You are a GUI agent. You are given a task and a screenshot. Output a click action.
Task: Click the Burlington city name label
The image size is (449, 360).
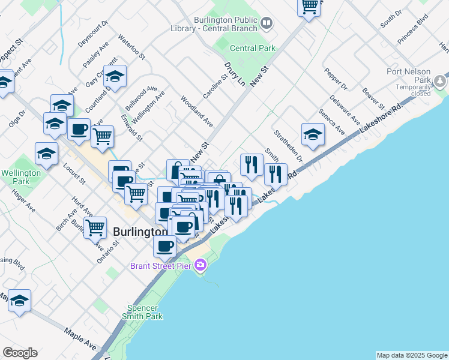(140, 232)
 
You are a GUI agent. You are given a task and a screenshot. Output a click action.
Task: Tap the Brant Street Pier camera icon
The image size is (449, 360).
(200, 265)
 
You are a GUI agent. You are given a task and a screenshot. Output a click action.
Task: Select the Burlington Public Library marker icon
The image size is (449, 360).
(267, 23)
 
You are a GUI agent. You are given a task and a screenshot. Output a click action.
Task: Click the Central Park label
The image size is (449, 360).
(252, 48)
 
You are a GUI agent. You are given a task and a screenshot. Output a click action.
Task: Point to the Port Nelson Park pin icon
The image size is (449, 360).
(441, 80)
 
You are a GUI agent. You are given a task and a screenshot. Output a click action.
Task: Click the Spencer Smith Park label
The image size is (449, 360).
(142, 311)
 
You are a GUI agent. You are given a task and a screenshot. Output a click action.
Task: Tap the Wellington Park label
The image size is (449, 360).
(22, 176)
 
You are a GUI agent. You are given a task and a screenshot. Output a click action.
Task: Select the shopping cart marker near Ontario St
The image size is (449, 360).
(95, 228)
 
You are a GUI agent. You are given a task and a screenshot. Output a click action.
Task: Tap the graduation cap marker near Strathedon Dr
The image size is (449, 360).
(313, 135)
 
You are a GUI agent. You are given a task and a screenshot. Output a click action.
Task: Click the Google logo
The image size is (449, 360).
(20, 353)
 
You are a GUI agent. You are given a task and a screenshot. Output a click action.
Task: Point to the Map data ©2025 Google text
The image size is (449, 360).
(411, 355)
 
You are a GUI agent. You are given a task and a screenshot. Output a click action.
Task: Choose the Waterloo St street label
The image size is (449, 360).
(131, 46)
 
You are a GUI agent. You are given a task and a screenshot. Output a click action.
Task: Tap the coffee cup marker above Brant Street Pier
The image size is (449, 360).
(164, 245)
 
